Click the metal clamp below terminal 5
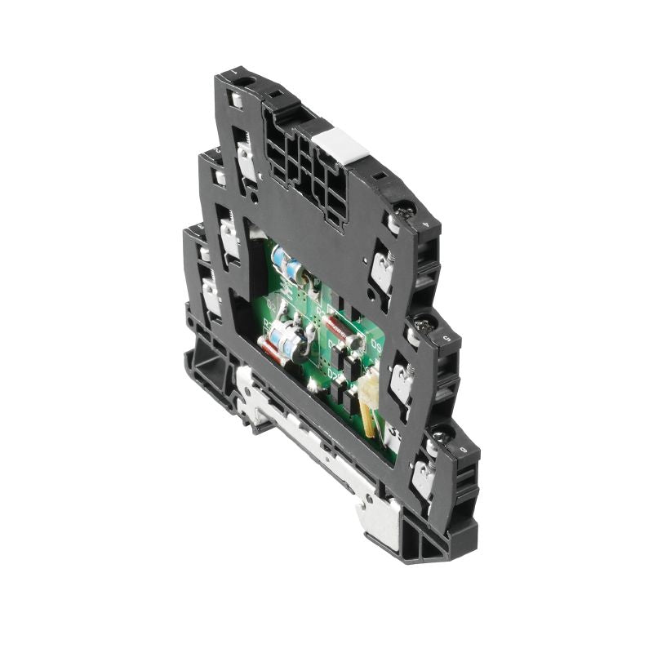point(402,380)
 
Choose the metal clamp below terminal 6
point(423,478)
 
